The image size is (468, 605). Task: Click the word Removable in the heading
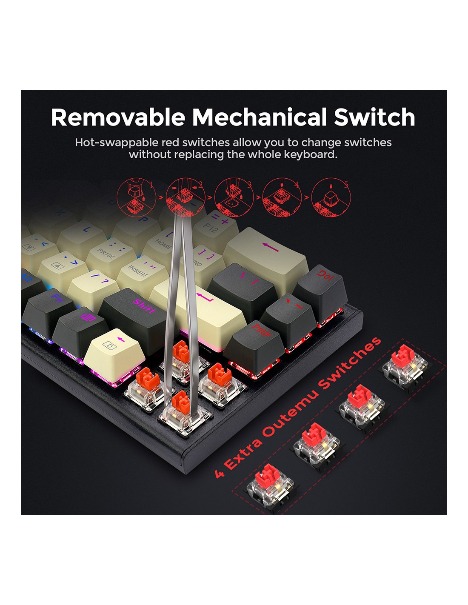pos(118,117)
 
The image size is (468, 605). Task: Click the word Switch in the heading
pos(374,117)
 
